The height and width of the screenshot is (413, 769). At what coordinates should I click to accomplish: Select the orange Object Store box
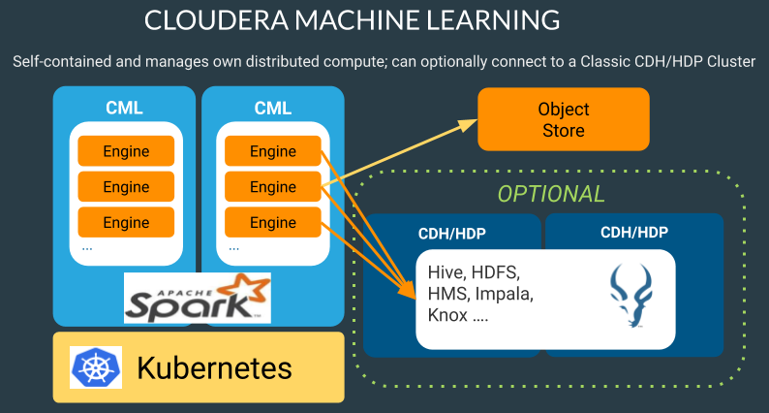click(563, 119)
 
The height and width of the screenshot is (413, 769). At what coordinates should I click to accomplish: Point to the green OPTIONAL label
click(551, 193)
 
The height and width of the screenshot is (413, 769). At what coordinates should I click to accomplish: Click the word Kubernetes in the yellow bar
click(214, 368)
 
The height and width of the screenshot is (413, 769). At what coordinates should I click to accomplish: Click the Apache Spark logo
click(198, 298)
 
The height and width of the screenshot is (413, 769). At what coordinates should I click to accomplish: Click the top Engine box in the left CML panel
click(126, 151)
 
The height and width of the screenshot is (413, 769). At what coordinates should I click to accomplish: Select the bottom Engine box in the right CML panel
click(273, 222)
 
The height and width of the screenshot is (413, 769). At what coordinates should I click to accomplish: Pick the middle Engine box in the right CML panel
click(273, 187)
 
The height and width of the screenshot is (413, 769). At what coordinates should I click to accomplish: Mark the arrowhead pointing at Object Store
click(472, 122)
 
